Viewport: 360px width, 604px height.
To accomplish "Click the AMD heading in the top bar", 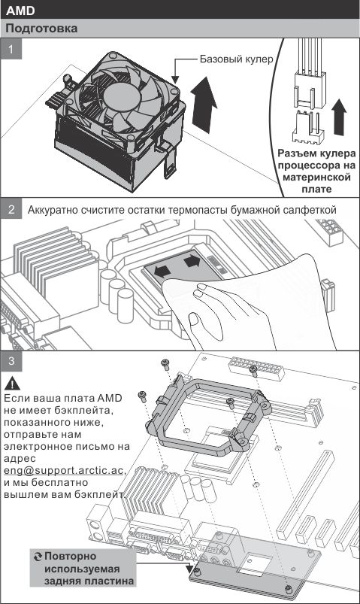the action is click(x=20, y=11).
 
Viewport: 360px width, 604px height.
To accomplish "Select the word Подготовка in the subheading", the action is click(x=41, y=29).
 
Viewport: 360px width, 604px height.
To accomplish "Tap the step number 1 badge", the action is click(x=11, y=50).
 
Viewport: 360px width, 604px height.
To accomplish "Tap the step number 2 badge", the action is click(x=11, y=210).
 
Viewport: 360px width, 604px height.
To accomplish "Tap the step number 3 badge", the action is click(x=11, y=361).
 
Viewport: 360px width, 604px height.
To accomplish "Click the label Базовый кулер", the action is click(x=236, y=59).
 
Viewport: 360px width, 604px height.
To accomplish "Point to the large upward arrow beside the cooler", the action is click(x=203, y=104).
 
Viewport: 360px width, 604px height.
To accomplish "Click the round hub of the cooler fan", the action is click(x=121, y=96).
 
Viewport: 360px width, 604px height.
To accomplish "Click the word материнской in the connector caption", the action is click(x=316, y=178).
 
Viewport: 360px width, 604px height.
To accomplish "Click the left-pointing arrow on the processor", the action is click(x=162, y=271).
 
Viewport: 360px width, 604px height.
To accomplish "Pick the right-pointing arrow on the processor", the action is click(x=192, y=261).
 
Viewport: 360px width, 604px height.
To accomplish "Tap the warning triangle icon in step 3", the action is click(x=13, y=384).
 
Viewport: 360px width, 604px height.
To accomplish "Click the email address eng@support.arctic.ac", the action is click(x=64, y=470).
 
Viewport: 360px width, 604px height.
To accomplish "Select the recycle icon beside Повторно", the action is click(x=38, y=557).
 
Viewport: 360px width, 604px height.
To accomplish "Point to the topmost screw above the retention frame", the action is click(x=165, y=363).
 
